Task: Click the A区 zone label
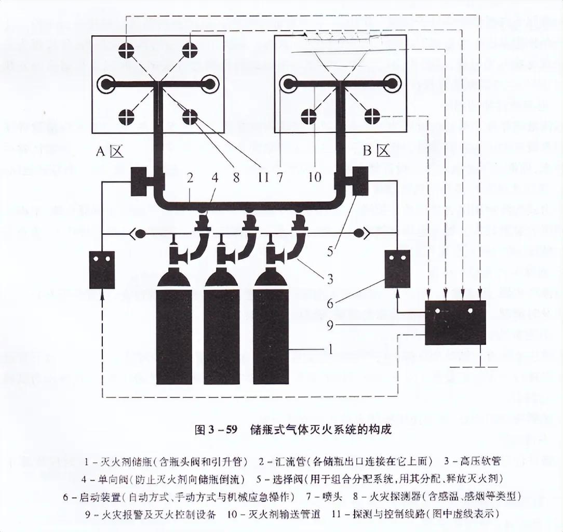tap(109, 151)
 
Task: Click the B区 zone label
tap(376, 151)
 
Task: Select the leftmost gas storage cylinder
tap(174, 332)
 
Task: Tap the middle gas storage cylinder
tap(222, 332)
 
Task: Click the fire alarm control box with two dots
tap(455, 322)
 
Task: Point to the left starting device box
tap(102, 270)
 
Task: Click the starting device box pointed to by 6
tap(397, 269)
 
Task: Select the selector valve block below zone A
tap(141, 181)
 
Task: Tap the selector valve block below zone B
tap(360, 181)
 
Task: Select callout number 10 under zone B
tap(315, 178)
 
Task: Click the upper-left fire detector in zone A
tap(126, 50)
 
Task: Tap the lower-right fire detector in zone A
tap(190, 117)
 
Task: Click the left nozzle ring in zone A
tap(107, 84)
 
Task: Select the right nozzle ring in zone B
tap(391, 83)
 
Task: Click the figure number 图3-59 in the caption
tap(216, 430)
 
